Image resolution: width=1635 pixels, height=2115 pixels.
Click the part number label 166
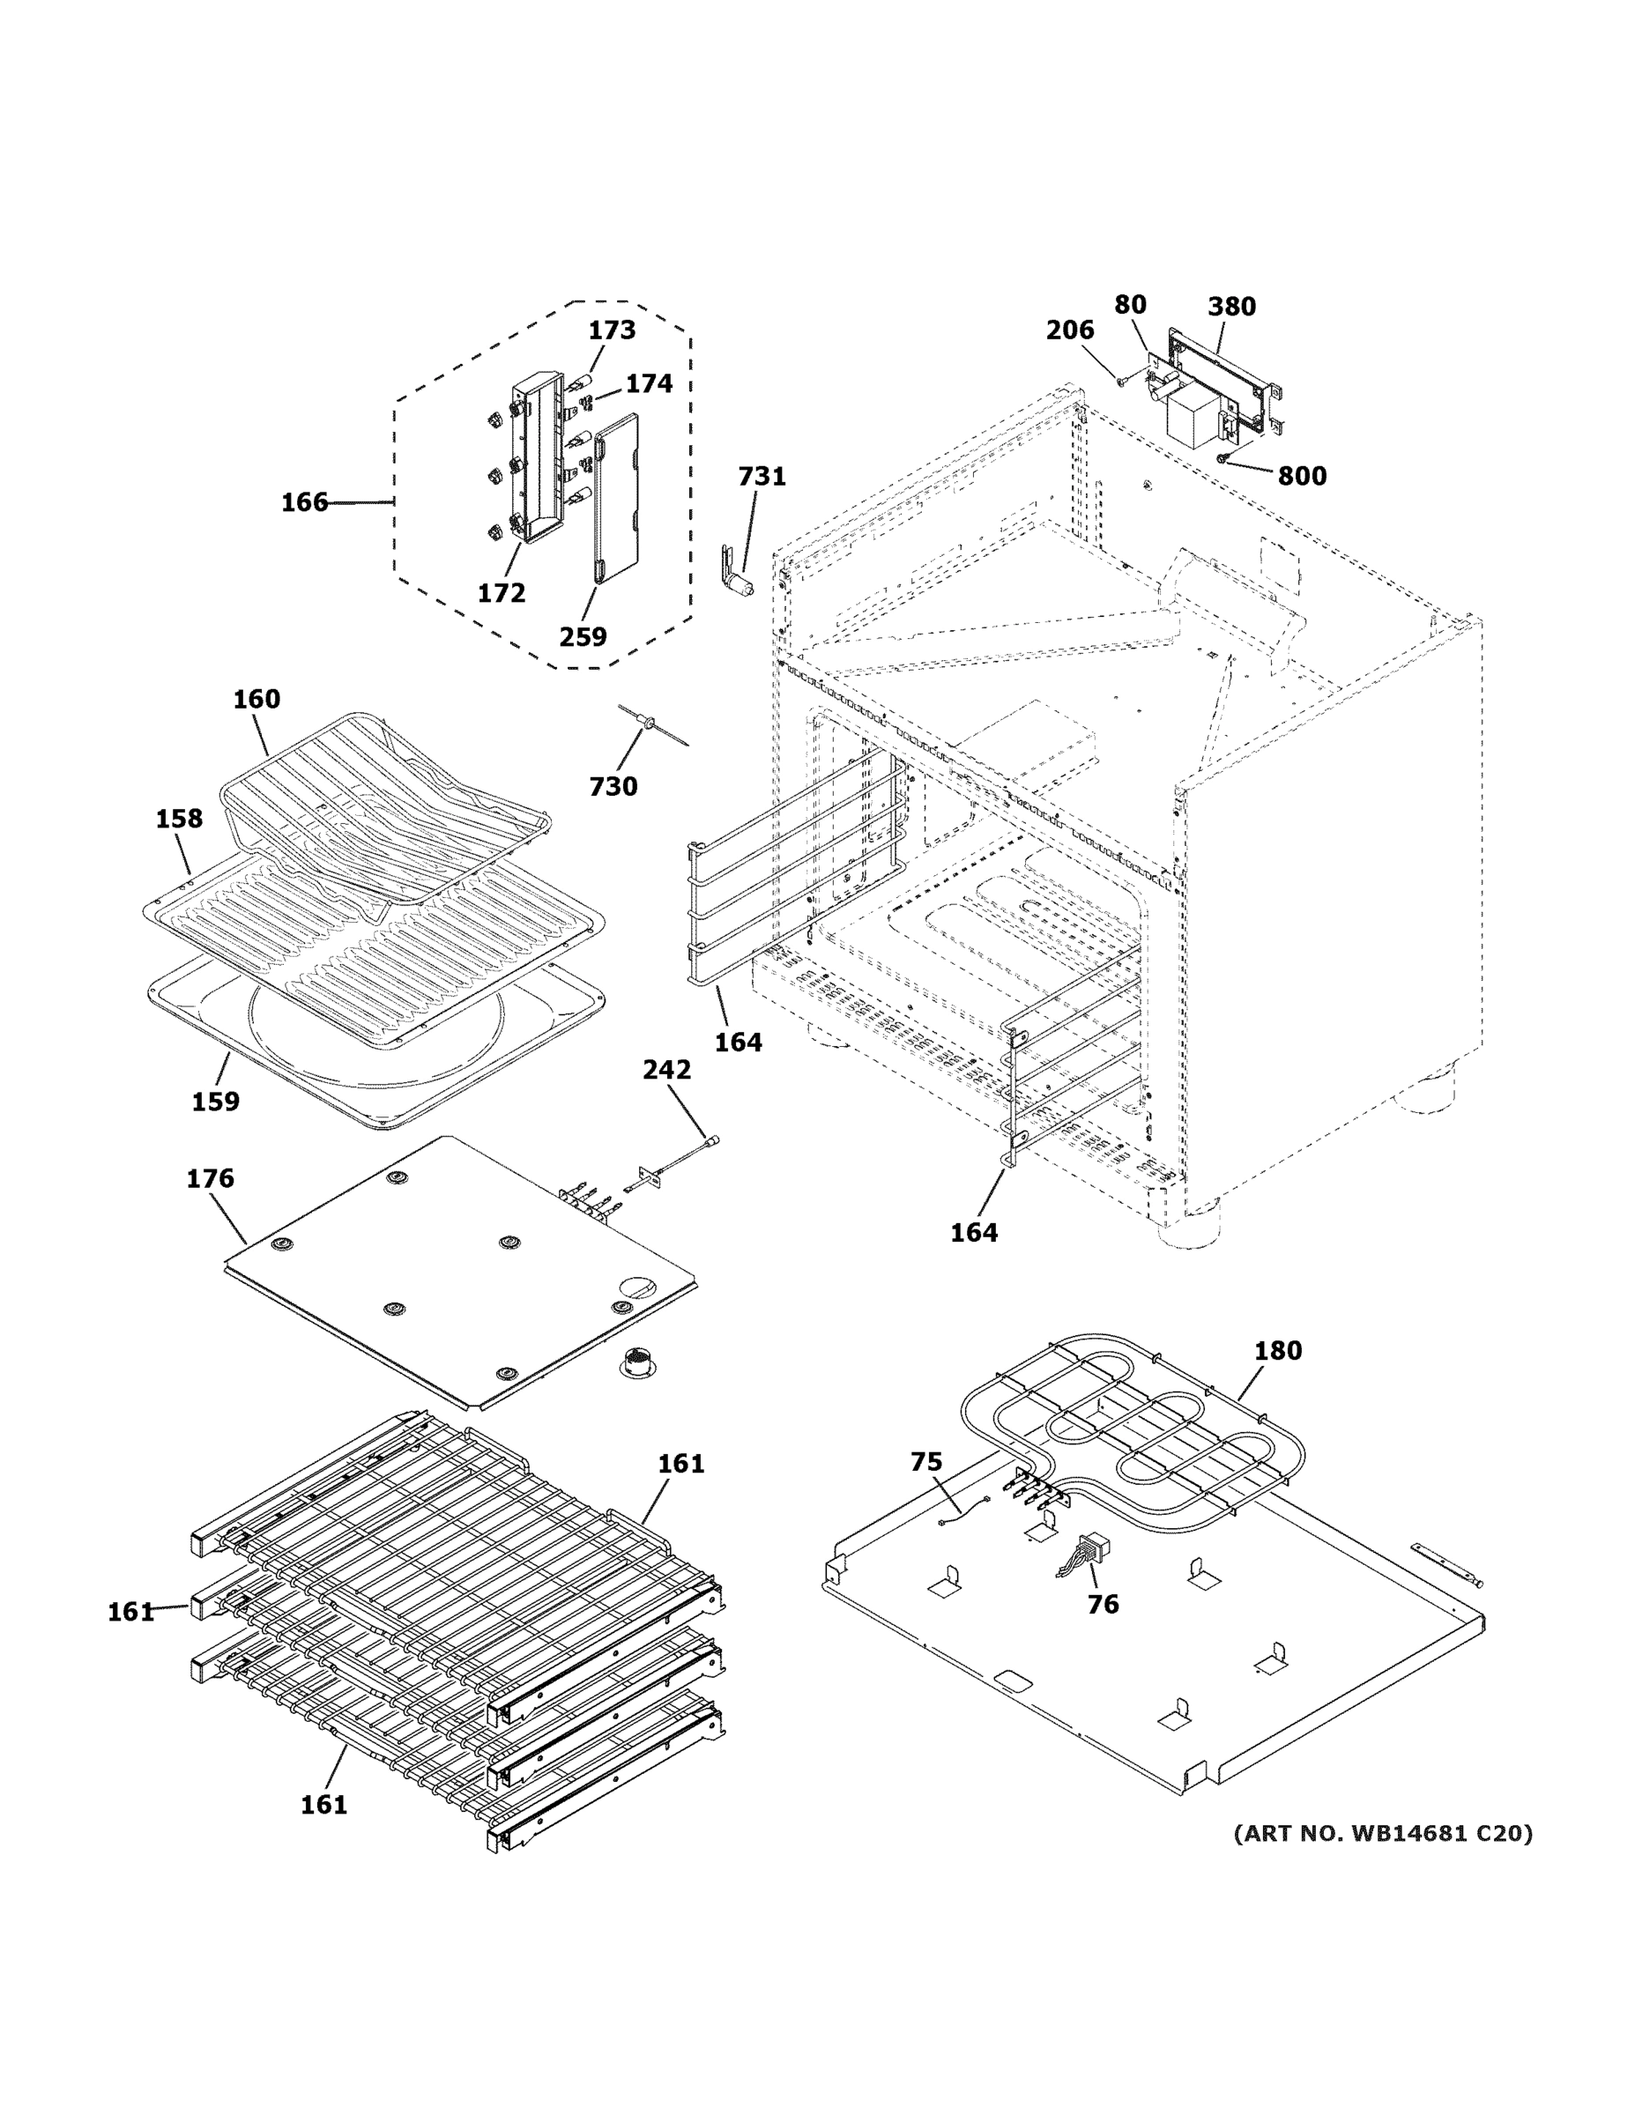tap(304, 502)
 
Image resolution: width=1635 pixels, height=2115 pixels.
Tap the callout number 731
tap(762, 477)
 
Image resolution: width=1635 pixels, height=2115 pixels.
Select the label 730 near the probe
tap(613, 786)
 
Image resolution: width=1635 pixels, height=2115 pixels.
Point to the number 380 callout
tap(1231, 307)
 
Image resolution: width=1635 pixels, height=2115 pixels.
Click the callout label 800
tap(1301, 477)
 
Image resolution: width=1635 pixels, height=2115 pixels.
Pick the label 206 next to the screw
tap(1069, 330)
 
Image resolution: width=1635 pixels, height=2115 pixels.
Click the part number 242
tap(666, 1070)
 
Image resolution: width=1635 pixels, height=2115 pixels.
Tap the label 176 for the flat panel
tap(210, 1178)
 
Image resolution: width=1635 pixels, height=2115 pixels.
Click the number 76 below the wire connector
tap(1103, 1605)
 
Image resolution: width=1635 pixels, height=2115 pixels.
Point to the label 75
tap(926, 1462)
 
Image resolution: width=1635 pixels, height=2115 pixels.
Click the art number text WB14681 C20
tap(1382, 1833)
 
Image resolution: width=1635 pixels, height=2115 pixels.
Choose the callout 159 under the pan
tap(215, 1101)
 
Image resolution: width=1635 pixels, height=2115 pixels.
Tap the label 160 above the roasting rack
tap(256, 699)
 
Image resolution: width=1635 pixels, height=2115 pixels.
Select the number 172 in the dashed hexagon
tap(501, 593)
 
